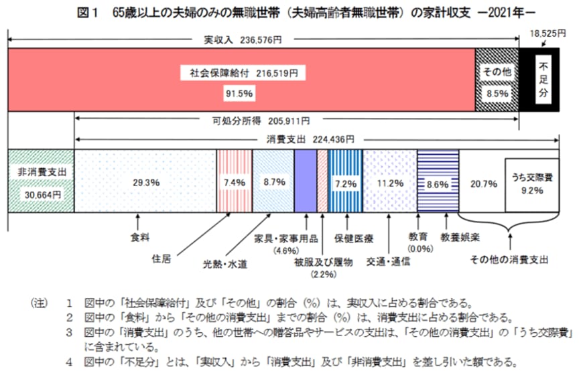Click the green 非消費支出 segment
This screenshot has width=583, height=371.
pos(40,181)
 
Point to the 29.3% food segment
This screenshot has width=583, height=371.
pos(145,181)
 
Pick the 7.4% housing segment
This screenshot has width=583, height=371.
pos(235,181)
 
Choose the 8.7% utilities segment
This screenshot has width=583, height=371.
pos(273,181)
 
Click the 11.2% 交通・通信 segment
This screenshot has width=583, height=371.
pos(389,181)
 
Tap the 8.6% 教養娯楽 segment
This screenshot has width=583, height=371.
pos(437,181)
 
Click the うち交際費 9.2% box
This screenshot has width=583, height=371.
pos(532,185)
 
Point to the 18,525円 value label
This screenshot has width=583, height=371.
pos(547,31)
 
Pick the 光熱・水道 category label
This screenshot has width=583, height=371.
pos(225,263)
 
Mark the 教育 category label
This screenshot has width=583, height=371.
pos(417,236)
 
